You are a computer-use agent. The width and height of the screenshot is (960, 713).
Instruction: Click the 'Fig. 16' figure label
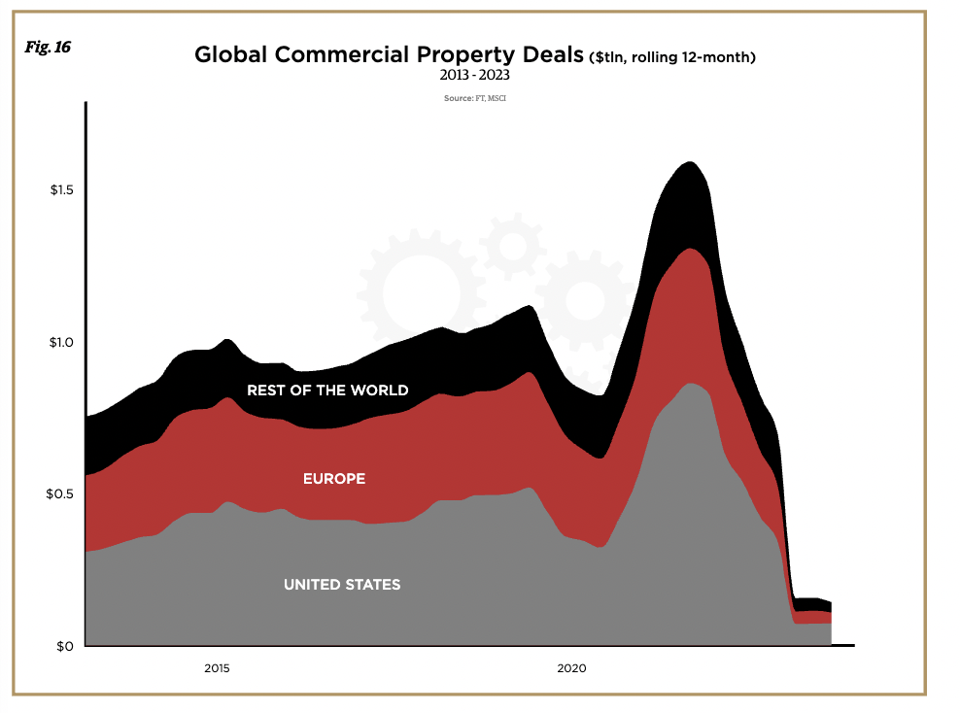coord(48,47)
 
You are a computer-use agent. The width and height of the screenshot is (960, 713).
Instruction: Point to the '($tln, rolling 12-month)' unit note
coord(672,56)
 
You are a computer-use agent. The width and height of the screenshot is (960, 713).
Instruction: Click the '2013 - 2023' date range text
coord(475,75)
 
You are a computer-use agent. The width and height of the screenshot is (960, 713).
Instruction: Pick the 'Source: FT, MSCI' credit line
coord(475,98)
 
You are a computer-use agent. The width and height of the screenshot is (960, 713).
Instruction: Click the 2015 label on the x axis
coord(217,668)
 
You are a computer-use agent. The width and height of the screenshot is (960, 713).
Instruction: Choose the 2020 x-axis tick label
coord(571,668)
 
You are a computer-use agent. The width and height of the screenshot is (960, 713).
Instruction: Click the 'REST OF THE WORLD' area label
coord(327,390)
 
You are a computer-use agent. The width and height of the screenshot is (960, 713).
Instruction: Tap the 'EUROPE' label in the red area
coord(334,479)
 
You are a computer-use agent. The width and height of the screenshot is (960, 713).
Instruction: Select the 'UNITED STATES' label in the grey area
coord(342,585)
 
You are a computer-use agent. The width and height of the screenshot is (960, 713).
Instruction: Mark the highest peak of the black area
coord(689,162)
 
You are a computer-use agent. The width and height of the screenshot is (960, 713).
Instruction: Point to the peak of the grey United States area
coord(690,384)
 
